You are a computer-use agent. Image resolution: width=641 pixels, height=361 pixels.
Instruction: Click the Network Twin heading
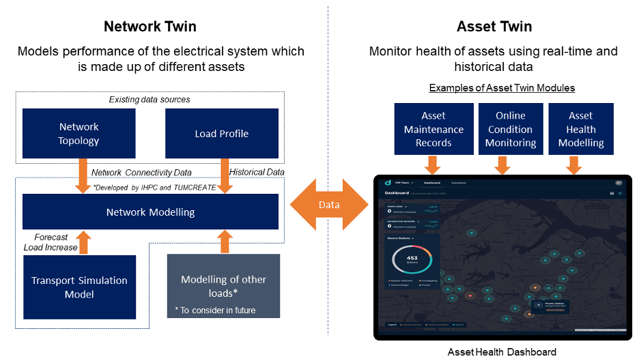pyautogui.click(x=150, y=27)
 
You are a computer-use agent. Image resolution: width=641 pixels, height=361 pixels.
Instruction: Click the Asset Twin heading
pyautogui.click(x=494, y=27)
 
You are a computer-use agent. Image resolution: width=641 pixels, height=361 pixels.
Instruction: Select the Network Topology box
pyautogui.click(x=79, y=134)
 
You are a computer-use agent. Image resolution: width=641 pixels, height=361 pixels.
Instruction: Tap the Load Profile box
pyautogui.click(x=221, y=134)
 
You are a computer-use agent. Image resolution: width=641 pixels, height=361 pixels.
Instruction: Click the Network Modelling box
pyautogui.click(x=150, y=212)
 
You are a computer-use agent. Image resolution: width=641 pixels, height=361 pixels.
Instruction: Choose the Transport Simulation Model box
pyautogui.click(x=79, y=287)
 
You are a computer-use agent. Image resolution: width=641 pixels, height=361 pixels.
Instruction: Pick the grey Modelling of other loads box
pyautogui.click(x=223, y=286)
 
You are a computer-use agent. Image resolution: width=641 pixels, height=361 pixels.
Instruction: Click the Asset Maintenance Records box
pyautogui.click(x=433, y=129)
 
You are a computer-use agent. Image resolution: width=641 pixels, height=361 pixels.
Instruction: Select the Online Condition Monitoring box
pyautogui.click(x=510, y=129)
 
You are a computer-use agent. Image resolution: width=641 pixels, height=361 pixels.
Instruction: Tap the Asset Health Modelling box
pyautogui.click(x=581, y=129)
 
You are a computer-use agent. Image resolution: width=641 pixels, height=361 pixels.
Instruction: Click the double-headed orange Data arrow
pyautogui.click(x=328, y=205)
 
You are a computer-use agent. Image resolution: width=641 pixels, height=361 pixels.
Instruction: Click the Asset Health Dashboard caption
pyautogui.click(x=502, y=352)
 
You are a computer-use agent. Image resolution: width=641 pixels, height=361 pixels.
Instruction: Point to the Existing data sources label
pyautogui.click(x=149, y=100)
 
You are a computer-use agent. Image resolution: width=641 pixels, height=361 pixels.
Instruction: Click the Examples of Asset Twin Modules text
pyautogui.click(x=502, y=88)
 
